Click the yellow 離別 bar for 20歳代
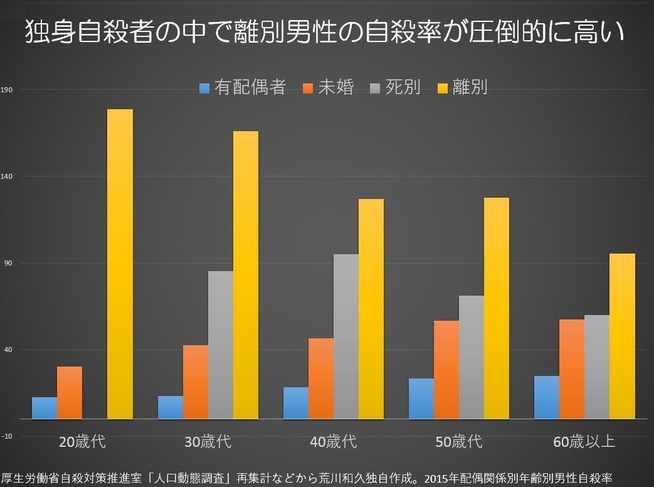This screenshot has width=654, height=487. [x=120, y=264]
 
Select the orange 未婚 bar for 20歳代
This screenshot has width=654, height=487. [x=70, y=392]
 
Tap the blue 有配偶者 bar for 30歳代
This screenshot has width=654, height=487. [x=170, y=407]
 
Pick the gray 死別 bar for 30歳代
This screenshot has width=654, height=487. [x=221, y=345]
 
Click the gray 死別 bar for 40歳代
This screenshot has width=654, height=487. [x=346, y=336]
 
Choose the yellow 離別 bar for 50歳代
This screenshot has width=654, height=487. [x=497, y=308]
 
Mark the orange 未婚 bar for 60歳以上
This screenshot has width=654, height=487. [x=572, y=368]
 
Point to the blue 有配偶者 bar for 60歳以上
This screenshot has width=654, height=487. [x=547, y=397]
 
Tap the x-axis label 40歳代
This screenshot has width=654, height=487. [x=333, y=441]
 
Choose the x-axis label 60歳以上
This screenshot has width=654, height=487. [x=584, y=441]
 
